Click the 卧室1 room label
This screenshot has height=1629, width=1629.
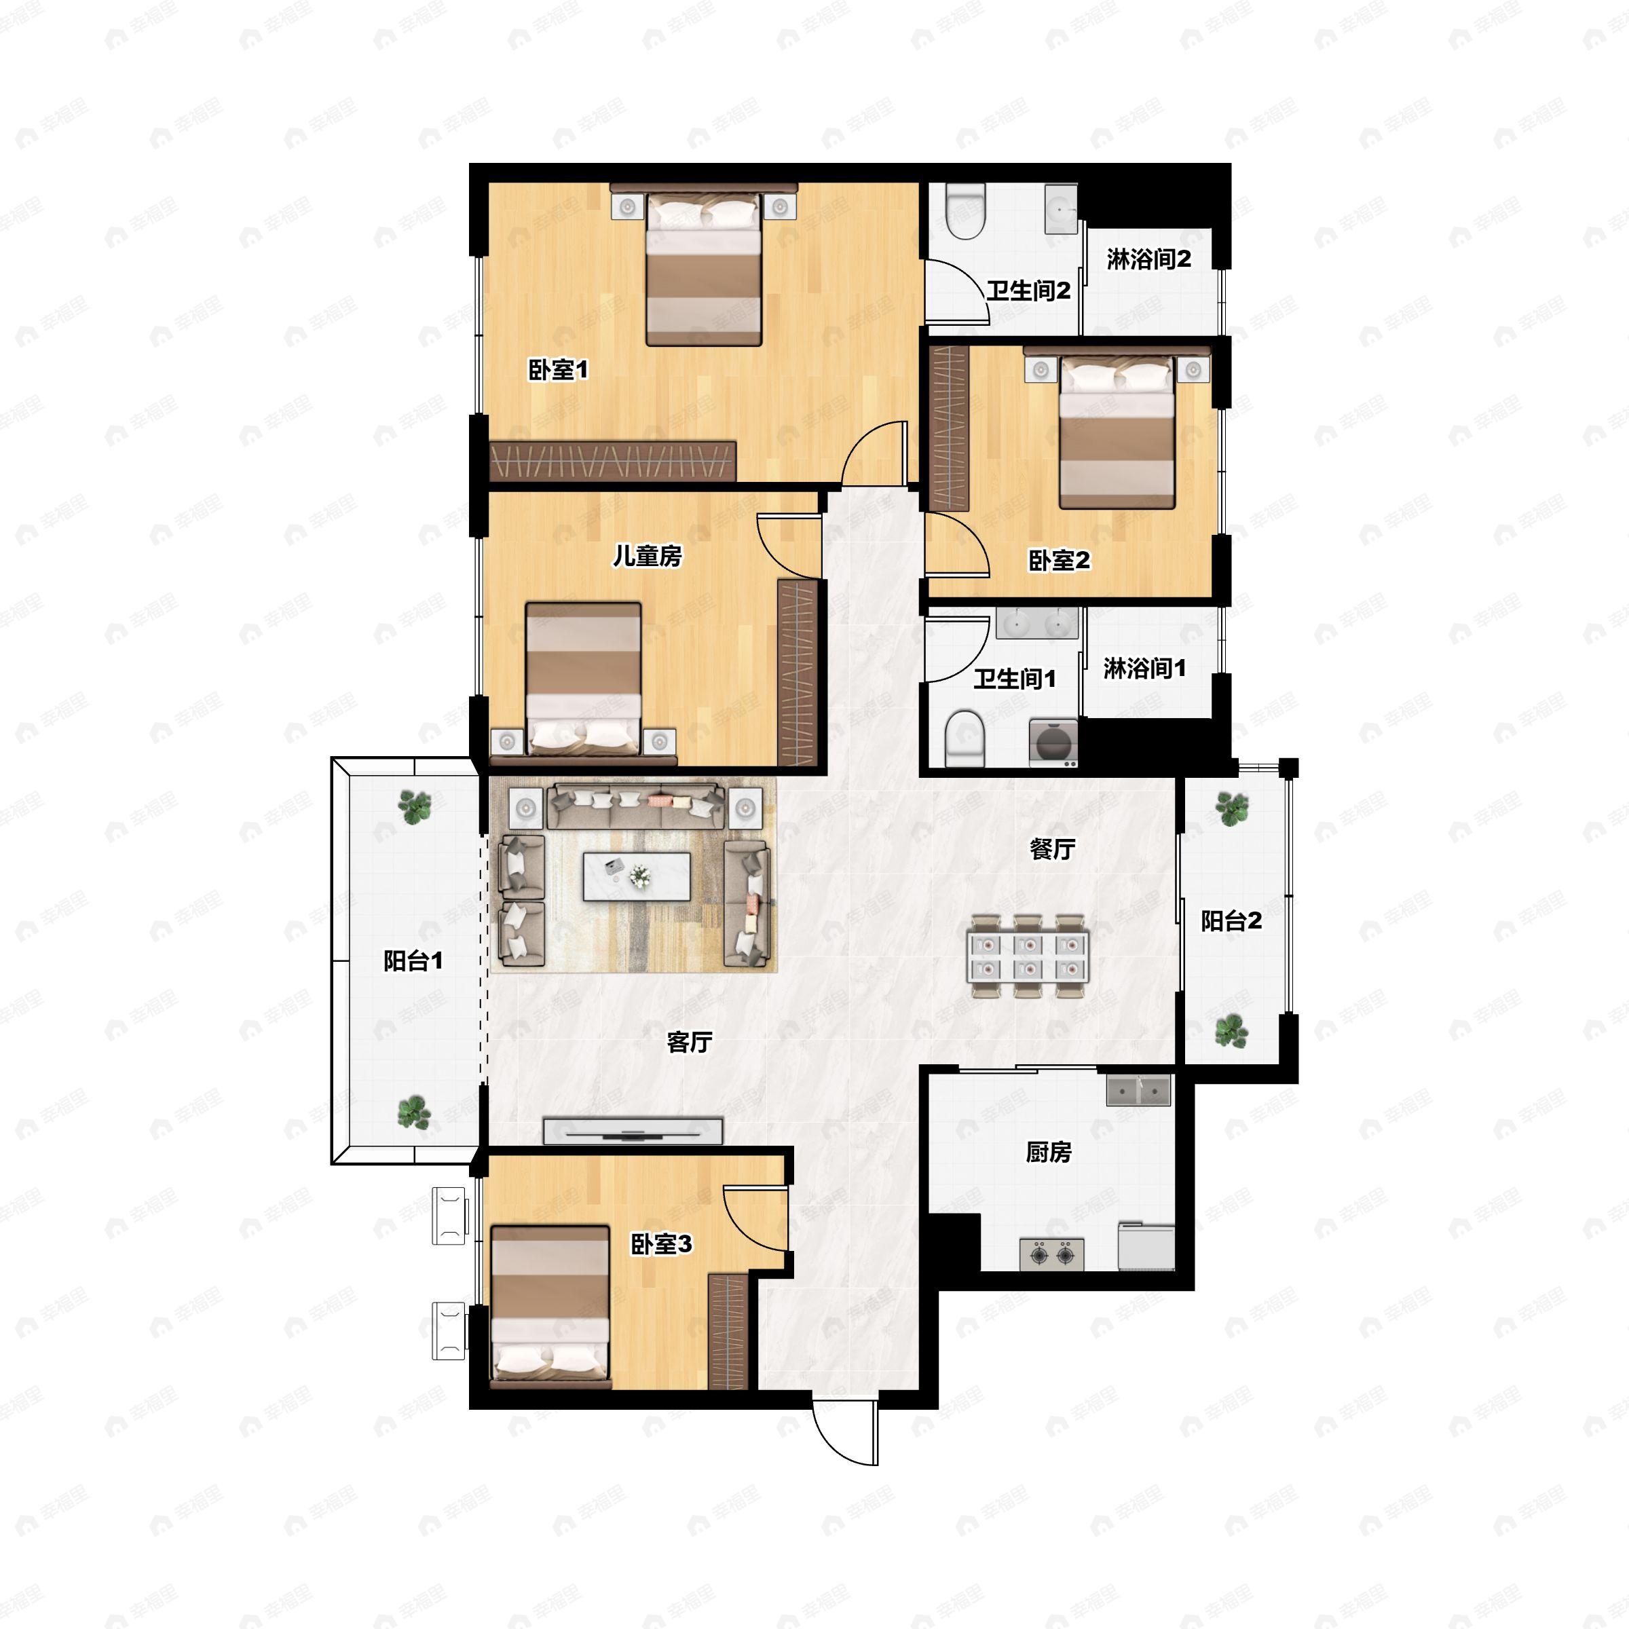coord(557,369)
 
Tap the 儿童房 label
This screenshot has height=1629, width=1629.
coord(647,556)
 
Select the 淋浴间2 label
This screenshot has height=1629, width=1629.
coord(1148,259)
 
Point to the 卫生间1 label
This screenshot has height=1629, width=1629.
coord(1014,678)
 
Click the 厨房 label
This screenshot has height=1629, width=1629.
coord(1048,1152)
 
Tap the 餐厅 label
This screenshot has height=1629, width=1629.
coord(1051,849)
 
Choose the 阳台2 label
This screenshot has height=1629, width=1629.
coord(1231,921)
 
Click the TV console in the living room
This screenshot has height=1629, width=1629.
coord(633,1131)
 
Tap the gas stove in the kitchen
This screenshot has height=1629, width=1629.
coord(1051,1254)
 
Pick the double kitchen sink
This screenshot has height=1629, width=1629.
coord(1138,1090)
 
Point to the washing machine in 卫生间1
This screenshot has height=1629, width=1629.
coord(1052,743)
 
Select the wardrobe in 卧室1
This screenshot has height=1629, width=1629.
coord(613,460)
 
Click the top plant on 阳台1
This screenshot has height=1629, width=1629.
coord(414,806)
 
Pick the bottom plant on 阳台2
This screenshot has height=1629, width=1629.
coord(1231,1030)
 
